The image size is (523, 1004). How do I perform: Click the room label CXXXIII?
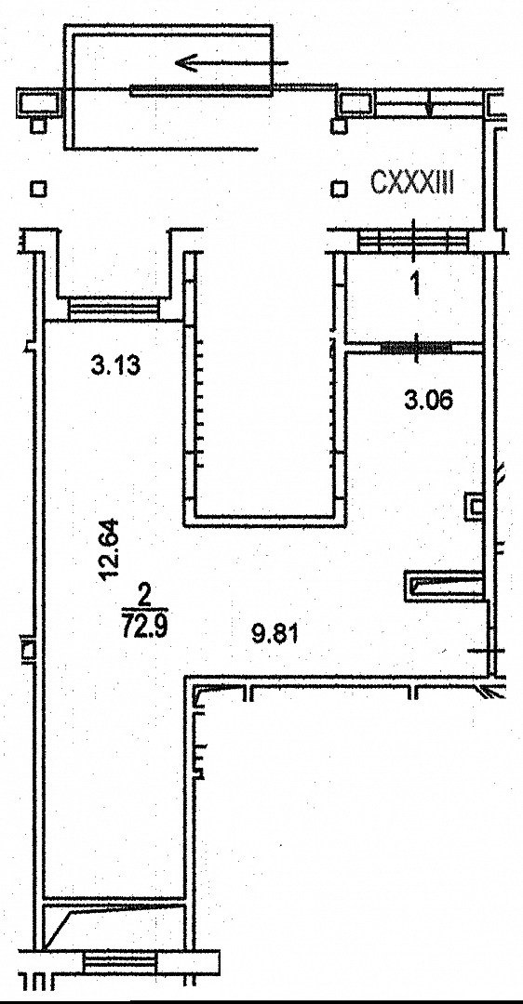click(x=412, y=184)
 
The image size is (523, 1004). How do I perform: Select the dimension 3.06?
click(x=428, y=401)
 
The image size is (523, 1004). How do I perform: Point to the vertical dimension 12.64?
click(x=109, y=549)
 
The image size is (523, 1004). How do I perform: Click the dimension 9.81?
click(x=275, y=635)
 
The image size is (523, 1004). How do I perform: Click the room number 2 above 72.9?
click(x=144, y=596)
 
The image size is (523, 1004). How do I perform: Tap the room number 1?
click(x=415, y=284)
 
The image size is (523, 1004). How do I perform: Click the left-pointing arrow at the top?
click(x=232, y=63)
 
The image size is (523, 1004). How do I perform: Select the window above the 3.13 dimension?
click(x=114, y=308)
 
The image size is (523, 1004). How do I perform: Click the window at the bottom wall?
click(x=120, y=962)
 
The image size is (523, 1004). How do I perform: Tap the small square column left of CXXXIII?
click(x=339, y=189)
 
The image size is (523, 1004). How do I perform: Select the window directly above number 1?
click(x=413, y=242)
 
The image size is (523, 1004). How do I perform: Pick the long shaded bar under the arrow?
click(x=200, y=89)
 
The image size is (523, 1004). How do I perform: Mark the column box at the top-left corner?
click(x=40, y=102)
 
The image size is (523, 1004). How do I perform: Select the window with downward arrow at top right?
click(x=428, y=103)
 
